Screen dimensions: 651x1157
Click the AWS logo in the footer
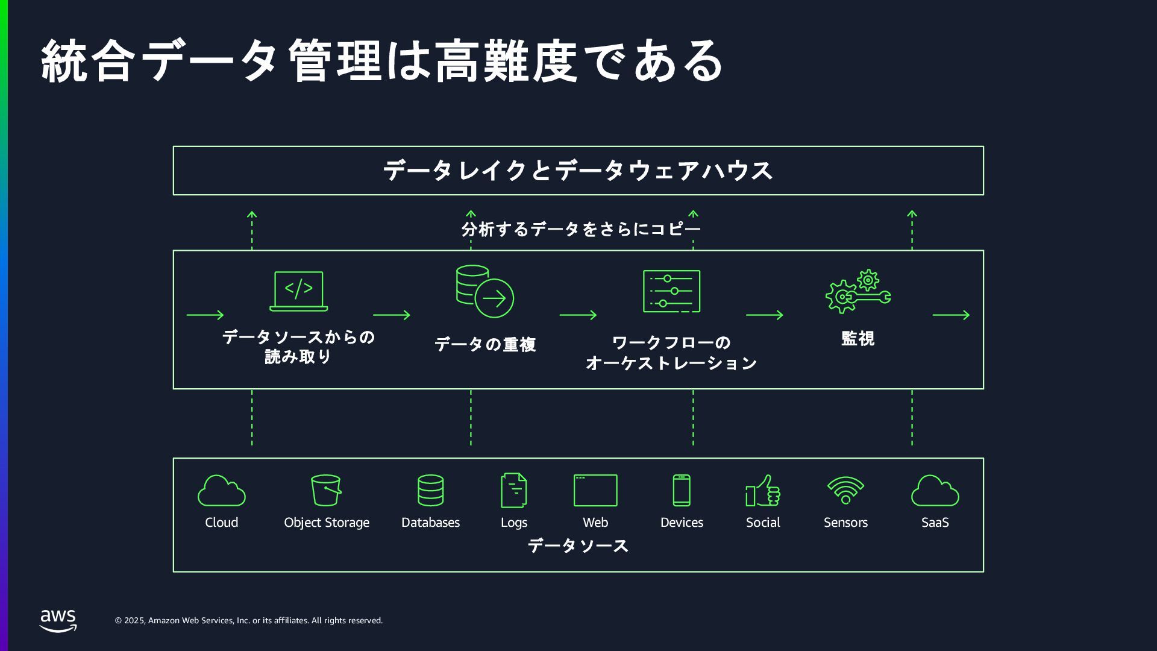[58, 620]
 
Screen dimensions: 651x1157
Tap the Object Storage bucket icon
[326, 490]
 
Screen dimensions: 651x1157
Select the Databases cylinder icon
[430, 490]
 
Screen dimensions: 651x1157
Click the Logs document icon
[513, 490]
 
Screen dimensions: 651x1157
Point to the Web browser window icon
[595, 490]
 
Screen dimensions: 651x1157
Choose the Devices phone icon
[682, 490]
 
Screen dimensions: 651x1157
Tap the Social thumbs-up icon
[763, 491]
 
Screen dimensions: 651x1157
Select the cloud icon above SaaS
[935, 491]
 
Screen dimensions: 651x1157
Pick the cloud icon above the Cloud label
[221, 491]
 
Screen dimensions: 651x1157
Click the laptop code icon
[298, 291]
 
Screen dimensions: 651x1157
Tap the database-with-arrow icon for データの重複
[484, 291]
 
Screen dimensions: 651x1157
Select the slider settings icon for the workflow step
[671, 291]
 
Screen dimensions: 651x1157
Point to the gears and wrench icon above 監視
[858, 292]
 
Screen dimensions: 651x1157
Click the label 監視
[858, 339]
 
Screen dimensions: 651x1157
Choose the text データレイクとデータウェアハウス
[578, 171]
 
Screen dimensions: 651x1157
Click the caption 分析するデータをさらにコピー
[581, 229]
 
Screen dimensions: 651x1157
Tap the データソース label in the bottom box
[578, 546]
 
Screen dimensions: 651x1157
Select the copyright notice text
[249, 620]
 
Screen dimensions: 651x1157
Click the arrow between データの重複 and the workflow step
[578, 315]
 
